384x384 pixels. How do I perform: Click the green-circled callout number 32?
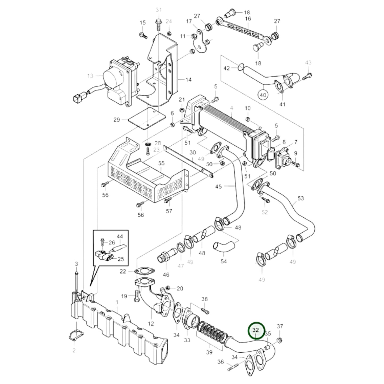[256, 330]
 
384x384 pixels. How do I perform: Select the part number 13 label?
[90, 76]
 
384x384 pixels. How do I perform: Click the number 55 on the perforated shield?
[162, 163]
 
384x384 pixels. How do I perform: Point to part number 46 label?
[166, 275]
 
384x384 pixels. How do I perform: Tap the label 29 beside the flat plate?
[117, 120]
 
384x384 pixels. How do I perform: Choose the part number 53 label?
[301, 198]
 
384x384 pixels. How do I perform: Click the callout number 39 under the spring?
[209, 352]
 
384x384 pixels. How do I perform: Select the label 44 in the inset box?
[120, 236]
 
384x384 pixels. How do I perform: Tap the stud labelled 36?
[232, 369]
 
